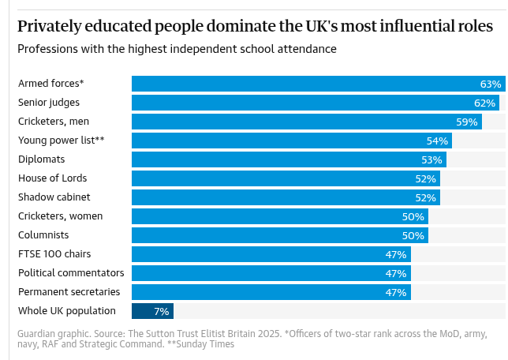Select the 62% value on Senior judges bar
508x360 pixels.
[485, 103]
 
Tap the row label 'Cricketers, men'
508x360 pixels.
[53, 122]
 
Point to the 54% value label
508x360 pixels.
[437, 141]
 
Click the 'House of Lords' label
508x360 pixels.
[52, 178]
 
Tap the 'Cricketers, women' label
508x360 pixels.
[60, 216]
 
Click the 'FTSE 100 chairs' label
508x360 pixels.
[54, 254]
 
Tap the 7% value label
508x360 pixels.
[162, 311]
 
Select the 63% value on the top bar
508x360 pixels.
[491, 84]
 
